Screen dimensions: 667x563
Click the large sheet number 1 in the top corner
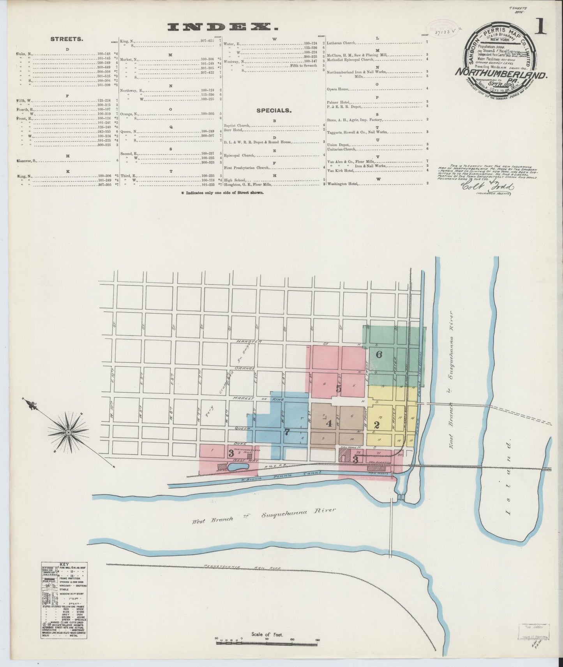coord(542,28)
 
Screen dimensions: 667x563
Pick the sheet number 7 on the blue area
coord(287,431)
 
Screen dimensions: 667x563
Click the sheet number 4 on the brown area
coord(329,424)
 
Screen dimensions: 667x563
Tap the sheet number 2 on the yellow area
coord(376,424)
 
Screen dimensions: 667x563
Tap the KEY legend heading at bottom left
coord(64,564)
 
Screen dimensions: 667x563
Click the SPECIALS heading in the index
coord(274,111)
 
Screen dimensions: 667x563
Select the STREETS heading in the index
coord(66,39)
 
